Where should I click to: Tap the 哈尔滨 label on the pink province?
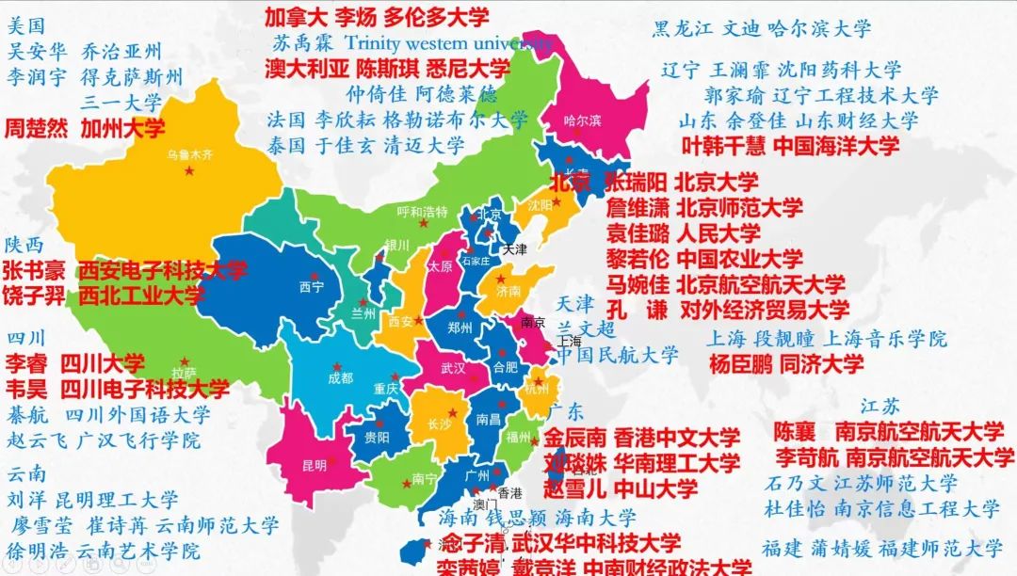[582, 120]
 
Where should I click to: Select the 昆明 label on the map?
[315, 464]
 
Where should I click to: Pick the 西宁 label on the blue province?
[311, 286]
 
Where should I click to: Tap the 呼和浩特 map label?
[422, 211]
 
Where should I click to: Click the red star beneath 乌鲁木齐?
[190, 171]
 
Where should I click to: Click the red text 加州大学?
[122, 127]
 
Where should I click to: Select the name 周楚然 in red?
[38, 127]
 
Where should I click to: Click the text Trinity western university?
[448, 42]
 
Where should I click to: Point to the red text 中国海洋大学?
[836, 145]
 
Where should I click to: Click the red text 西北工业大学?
[141, 296]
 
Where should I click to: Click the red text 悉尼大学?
[468, 69]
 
